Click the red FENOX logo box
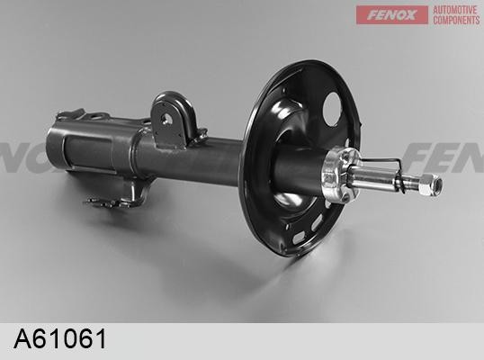click(x=391, y=14)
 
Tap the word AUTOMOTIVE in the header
click(x=455, y=10)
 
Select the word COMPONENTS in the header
click(x=456, y=20)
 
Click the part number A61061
click(x=60, y=338)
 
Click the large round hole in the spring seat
click(x=332, y=109)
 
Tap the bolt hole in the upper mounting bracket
click(x=166, y=119)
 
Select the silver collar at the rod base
click(x=339, y=175)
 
